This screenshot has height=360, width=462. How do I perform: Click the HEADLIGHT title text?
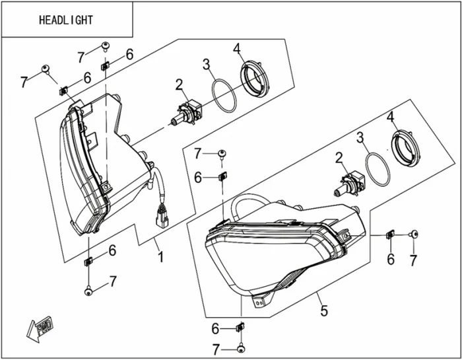click(67, 20)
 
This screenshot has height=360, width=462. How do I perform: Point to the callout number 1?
click(159, 255)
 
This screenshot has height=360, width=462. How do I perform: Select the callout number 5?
click(323, 309)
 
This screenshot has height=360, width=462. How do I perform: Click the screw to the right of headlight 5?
click(414, 234)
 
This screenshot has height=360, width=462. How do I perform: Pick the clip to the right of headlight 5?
click(390, 234)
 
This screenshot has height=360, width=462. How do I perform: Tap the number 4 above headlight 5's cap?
click(391, 116)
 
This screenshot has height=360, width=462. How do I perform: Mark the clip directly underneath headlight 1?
click(88, 261)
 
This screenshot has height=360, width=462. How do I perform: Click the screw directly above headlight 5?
click(222, 153)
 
